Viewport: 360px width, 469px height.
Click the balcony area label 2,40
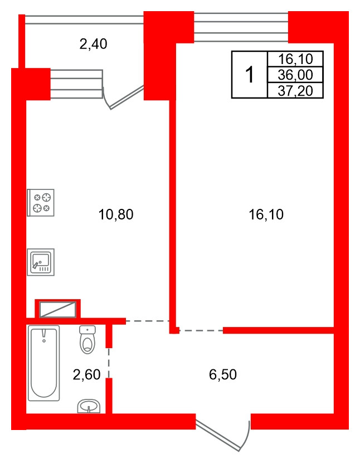coord(94,44)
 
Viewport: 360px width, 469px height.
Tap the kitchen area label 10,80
coord(116,214)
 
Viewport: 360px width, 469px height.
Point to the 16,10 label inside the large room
coord(266,214)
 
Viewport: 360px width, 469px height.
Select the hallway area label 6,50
coord(223,374)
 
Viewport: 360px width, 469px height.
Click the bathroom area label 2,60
coord(86,374)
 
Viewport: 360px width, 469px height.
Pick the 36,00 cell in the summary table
coord(295,75)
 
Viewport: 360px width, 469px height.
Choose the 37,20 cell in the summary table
coord(295,90)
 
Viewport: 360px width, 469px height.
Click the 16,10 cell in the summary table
coord(295,59)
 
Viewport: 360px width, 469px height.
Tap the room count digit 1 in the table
coord(249,75)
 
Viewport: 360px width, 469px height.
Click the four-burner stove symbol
coord(41,203)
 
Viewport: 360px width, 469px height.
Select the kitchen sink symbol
coord(41,262)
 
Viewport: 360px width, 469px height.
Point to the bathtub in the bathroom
coord(44,363)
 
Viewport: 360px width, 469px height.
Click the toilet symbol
coord(87,340)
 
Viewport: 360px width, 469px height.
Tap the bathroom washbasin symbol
coord(89,406)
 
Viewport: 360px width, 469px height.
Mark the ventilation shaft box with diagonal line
coord(58,309)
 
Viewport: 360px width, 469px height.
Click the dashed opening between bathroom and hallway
coord(109,363)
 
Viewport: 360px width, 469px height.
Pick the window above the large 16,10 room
coord(241,27)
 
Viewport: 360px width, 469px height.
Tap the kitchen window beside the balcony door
coord(76,84)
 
